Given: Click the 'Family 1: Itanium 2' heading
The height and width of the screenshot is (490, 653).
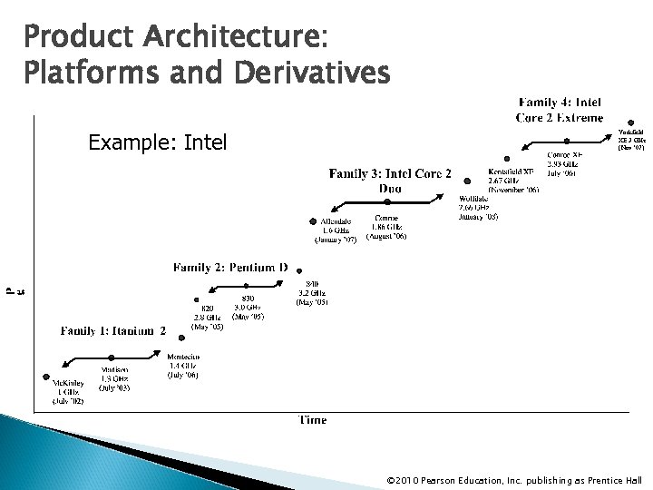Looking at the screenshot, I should [x=113, y=331].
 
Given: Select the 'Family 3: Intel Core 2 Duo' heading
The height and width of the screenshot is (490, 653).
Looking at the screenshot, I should [x=389, y=181].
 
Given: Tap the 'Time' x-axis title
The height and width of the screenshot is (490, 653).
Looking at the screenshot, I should [x=313, y=419].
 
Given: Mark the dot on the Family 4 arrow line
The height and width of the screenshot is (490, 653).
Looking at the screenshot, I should [x=567, y=141].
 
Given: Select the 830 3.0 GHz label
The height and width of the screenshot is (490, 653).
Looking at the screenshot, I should [x=248, y=307].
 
